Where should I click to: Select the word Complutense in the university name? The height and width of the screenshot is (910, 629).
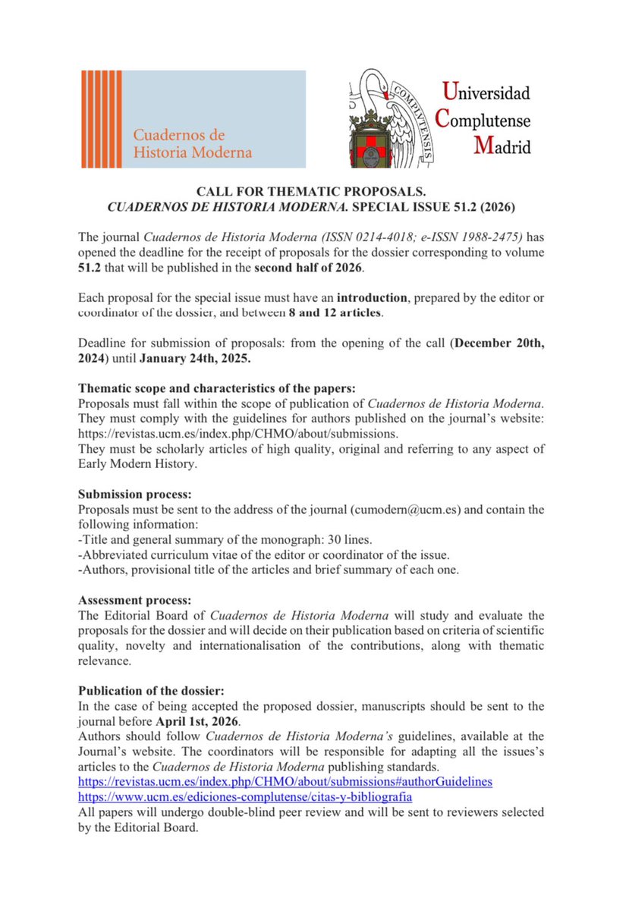[483, 119]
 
